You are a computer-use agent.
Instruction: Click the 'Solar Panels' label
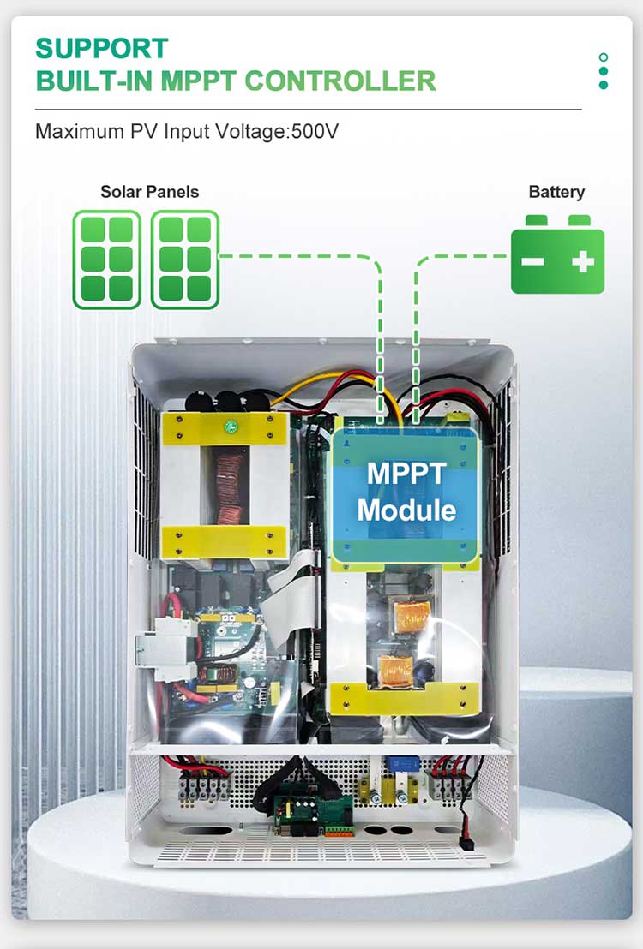[x=149, y=191]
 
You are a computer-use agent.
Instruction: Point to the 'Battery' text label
[x=556, y=192]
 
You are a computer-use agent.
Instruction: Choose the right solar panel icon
[x=185, y=260]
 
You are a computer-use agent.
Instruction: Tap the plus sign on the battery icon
[x=583, y=261]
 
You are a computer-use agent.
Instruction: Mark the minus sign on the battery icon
[x=533, y=261]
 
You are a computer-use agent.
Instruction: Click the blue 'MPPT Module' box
[x=406, y=492]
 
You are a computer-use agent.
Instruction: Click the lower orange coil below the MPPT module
[x=394, y=668]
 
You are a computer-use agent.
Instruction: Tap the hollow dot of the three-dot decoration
[x=604, y=58]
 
